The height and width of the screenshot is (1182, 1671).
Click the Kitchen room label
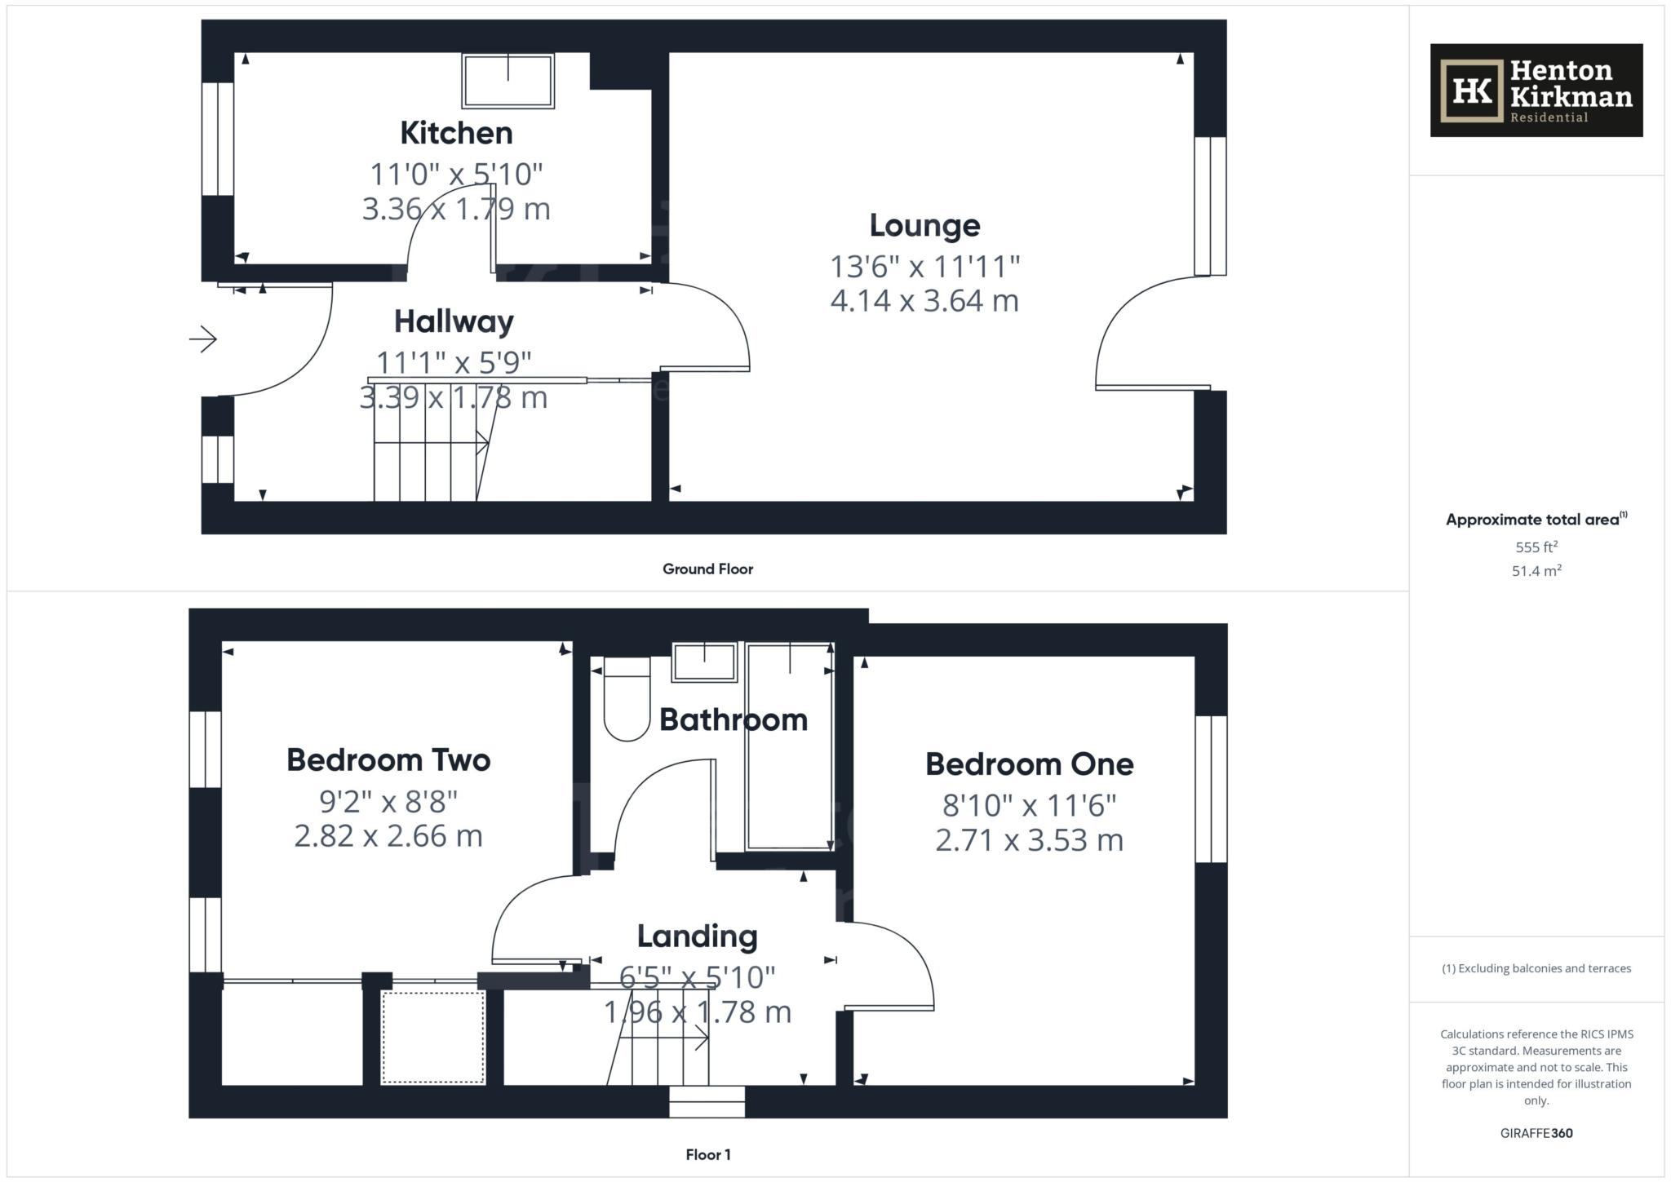[456, 133]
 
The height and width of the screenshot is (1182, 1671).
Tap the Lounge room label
[924, 225]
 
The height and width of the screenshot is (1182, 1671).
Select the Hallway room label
[454, 321]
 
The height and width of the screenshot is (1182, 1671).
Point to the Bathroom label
[734, 719]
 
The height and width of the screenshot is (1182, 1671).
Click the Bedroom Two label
[388, 760]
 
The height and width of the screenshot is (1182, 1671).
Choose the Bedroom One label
[1029, 764]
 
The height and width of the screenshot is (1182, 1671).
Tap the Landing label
[697, 936]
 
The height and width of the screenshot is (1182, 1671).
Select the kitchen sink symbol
[508, 81]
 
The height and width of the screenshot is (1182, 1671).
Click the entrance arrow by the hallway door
[203, 339]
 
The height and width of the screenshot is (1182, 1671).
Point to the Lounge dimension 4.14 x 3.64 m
[924, 301]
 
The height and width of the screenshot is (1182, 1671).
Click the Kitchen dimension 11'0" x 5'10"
[456, 174]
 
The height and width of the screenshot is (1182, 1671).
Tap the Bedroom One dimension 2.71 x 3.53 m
[1029, 840]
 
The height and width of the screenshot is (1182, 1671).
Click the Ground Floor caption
[707, 569]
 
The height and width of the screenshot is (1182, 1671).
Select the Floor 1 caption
[708, 1155]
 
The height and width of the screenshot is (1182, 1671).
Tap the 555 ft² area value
[1536, 547]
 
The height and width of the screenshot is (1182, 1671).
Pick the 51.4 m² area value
[1536, 571]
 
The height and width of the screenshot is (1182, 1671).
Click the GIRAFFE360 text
[1536, 1133]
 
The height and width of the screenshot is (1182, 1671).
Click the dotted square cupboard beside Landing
[433, 1038]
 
